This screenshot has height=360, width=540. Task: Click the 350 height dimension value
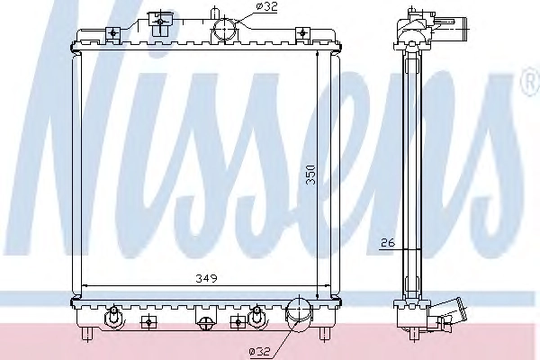click(x=310, y=175)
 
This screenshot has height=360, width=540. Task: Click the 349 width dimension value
click(x=207, y=278)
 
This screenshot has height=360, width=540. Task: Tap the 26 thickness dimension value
click(x=387, y=243)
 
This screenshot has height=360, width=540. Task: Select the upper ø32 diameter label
click(x=267, y=7)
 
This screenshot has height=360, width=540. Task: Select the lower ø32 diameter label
click(x=260, y=351)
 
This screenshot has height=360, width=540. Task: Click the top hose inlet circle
click(x=224, y=30)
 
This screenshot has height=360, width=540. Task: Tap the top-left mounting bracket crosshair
click(x=113, y=33)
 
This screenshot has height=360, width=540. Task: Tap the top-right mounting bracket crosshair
click(x=302, y=33)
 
